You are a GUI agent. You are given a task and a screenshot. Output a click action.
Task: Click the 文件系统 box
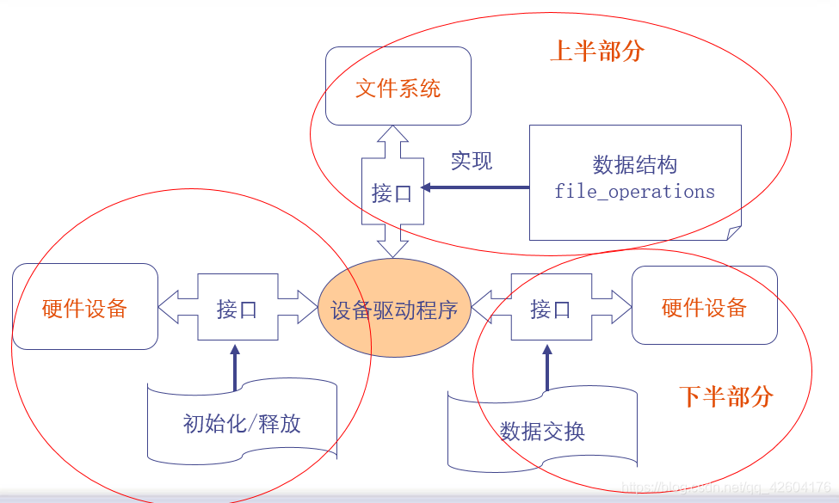coord(398,87)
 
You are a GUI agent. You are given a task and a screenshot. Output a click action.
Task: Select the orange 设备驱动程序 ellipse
coord(394,309)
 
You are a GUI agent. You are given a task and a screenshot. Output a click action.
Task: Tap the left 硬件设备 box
coord(84,307)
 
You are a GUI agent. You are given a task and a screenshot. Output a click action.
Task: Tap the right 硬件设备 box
coord(704,306)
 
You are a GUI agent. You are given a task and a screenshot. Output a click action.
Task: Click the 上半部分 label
coord(597,51)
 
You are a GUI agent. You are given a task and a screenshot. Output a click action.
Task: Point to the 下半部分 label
coord(725,396)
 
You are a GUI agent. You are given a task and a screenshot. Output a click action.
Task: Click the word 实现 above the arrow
coord(472,161)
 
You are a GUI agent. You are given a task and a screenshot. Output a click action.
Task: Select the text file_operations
coord(634,192)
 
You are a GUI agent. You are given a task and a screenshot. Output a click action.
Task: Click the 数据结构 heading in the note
coord(634,165)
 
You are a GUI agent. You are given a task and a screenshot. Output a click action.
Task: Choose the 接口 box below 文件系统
coord(392,193)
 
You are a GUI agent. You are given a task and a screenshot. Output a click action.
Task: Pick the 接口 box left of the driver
coord(237,308)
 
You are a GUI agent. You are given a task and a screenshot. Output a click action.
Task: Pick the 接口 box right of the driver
coord(551,308)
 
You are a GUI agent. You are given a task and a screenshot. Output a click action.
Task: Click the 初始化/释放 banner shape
coord(242,422)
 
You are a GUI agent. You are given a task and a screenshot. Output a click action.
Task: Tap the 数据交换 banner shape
coord(542,430)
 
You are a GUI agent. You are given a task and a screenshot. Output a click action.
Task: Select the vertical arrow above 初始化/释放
coord(233,368)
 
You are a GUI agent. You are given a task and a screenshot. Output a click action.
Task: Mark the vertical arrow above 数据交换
coord(546,368)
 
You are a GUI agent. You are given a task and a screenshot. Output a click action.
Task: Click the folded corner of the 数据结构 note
coord(732,232)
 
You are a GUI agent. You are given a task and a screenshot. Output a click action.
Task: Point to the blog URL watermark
coord(727,488)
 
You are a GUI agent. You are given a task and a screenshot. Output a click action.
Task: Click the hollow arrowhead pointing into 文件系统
coord(393,135)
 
